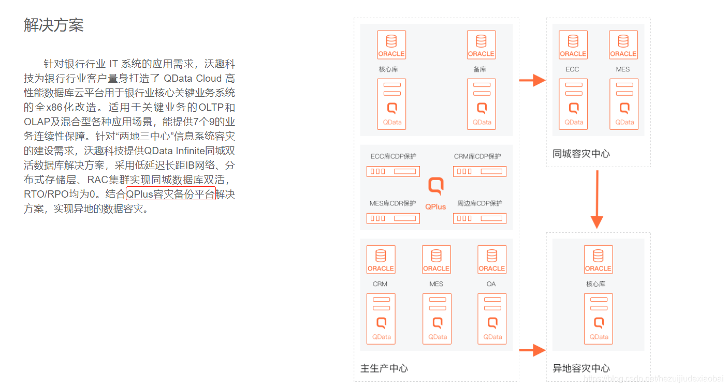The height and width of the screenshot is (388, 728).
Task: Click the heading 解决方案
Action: tap(54, 25)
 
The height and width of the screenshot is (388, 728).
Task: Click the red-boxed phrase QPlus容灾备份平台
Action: tap(170, 195)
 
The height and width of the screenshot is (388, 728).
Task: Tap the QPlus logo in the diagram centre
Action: tap(435, 193)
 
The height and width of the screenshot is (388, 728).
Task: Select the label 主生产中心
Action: tap(384, 368)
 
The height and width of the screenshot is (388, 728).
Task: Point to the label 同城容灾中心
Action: tap(581, 154)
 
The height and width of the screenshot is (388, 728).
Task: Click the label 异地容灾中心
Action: tap(581, 368)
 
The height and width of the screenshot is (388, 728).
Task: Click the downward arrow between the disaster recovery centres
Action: tap(597, 199)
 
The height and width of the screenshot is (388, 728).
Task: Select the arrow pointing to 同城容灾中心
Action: tap(532, 80)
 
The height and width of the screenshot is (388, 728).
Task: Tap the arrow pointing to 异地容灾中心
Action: tap(532, 350)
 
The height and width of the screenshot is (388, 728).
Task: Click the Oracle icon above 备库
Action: tap(481, 45)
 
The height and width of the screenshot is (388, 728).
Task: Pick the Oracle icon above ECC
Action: tap(573, 45)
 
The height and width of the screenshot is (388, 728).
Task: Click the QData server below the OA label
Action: tap(492, 318)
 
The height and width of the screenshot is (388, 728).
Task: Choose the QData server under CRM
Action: tap(381, 318)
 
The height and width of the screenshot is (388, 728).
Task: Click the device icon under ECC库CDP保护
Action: tap(393, 171)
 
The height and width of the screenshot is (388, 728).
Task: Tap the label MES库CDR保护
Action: tap(392, 203)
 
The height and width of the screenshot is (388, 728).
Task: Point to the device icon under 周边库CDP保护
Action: tap(479, 218)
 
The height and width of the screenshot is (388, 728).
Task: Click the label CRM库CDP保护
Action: tap(477, 156)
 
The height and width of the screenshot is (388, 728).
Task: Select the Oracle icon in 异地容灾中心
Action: tap(598, 260)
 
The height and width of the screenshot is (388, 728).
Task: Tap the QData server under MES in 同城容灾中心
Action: tap(624, 103)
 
